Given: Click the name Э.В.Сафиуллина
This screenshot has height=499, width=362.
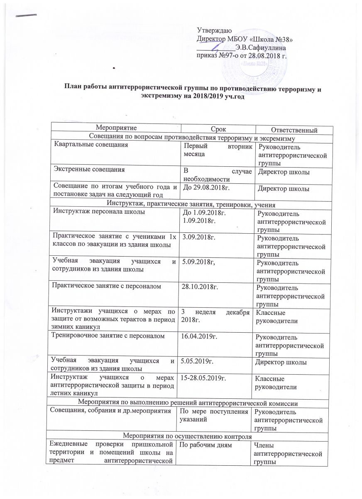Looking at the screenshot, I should [x=260, y=47].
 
